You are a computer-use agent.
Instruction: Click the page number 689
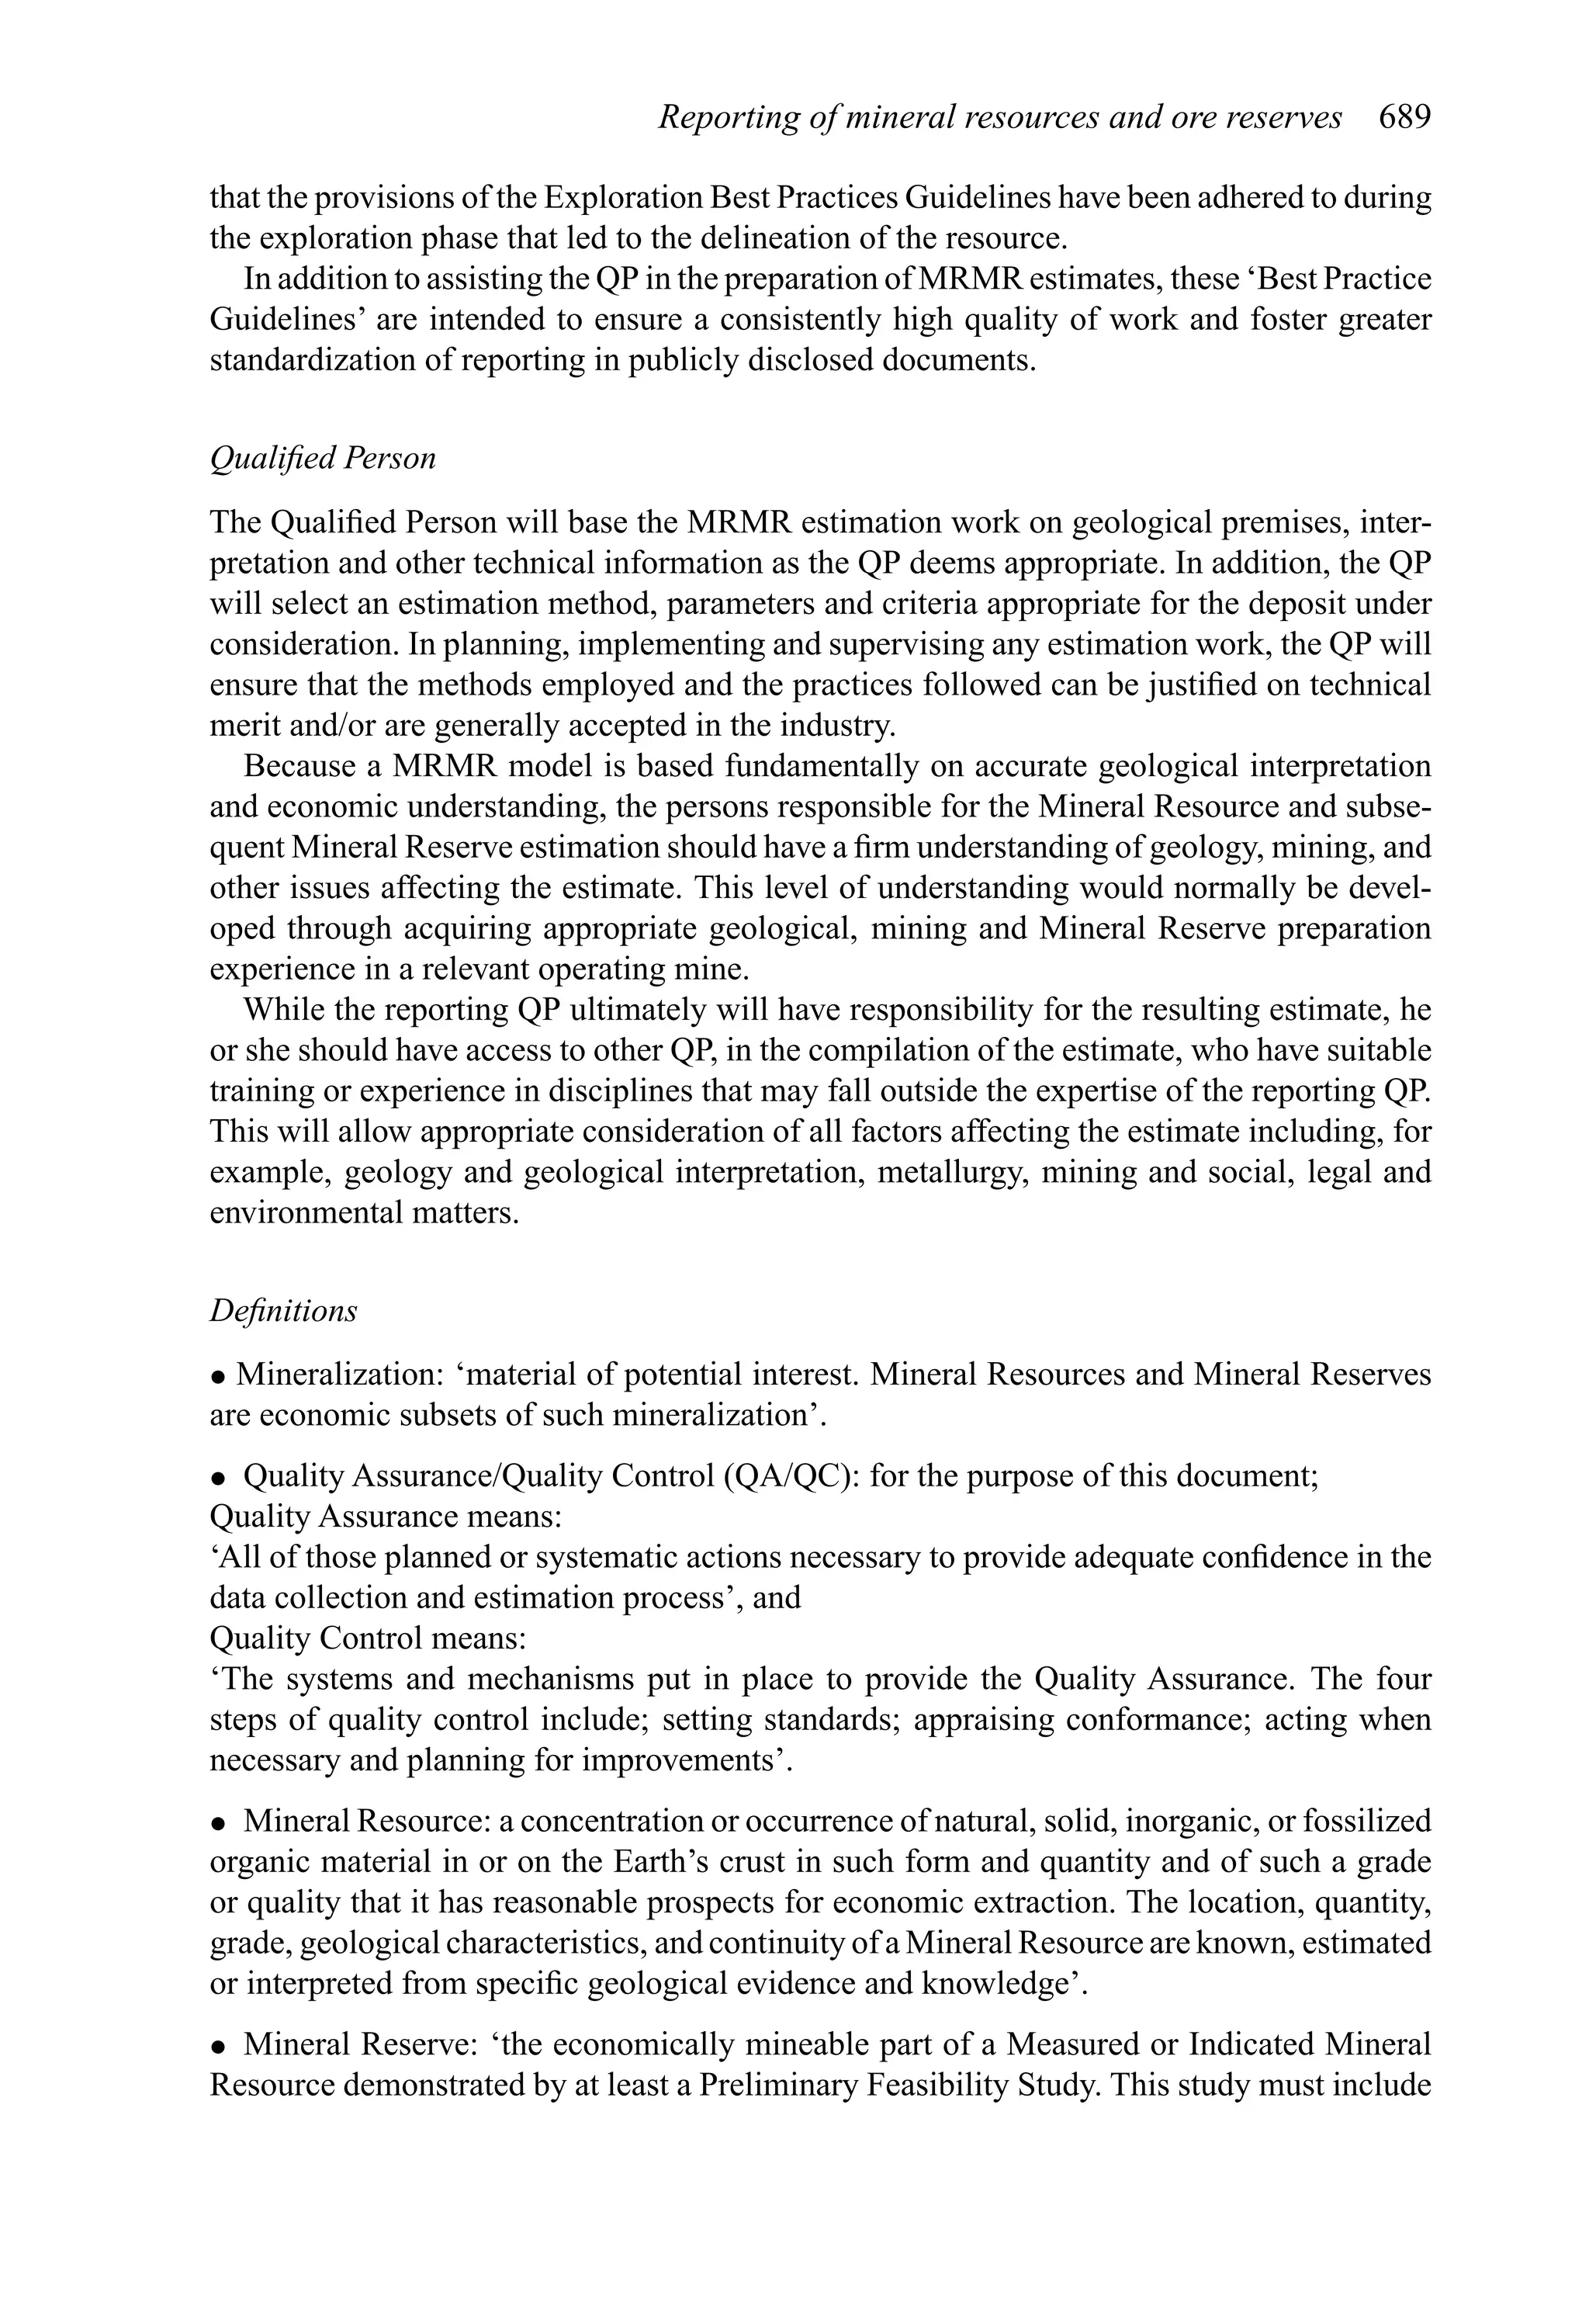(1404, 118)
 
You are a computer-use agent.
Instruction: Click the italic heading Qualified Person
(323, 459)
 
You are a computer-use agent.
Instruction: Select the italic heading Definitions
(283, 1310)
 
